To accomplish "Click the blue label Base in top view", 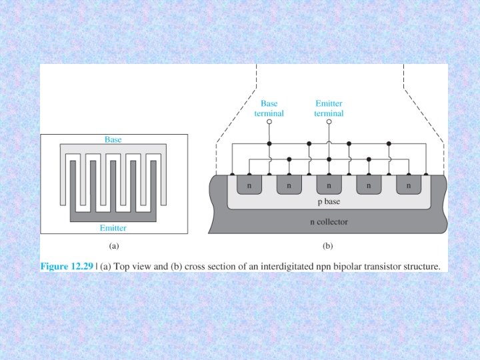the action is point(113,139).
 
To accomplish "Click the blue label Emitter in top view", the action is point(113,228).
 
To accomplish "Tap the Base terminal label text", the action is point(269,109).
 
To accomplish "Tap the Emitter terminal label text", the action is point(329,109).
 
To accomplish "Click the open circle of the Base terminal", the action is point(269,123).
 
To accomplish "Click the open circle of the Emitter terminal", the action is point(329,123).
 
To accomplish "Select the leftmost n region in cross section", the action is point(249,186).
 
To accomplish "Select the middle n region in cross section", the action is point(329,186).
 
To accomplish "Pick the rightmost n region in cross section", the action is point(408,186).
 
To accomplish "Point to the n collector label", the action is point(329,221).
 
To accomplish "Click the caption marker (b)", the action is point(327,246).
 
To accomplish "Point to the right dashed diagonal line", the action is point(427,109).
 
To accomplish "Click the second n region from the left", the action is point(289,186).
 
